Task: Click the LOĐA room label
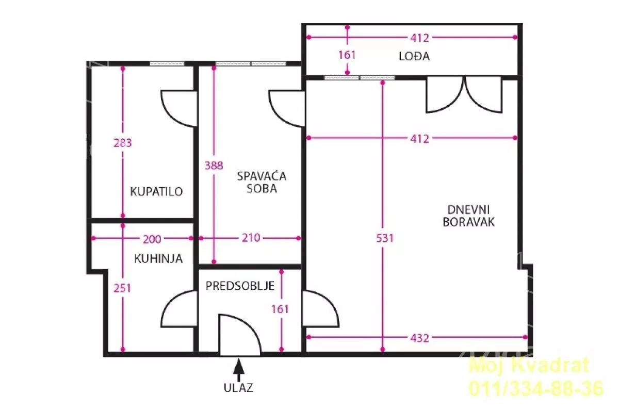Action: coord(414,56)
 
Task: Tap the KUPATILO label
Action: coord(156,191)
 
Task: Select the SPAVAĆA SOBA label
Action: coord(262,182)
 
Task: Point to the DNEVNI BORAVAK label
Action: coord(468,216)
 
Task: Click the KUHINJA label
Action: coord(158,259)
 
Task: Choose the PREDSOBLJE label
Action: coord(240,286)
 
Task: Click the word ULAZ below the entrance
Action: coord(238,388)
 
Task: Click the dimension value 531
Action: coord(385,238)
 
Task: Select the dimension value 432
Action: coord(419,338)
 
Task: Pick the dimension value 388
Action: coord(214,166)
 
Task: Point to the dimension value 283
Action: coord(123,143)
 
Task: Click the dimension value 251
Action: coord(122,288)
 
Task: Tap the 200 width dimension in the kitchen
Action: coord(152,239)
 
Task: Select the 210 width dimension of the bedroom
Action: coord(251,238)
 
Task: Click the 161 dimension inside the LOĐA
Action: coord(347,55)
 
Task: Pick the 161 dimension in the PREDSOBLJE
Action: coord(280,309)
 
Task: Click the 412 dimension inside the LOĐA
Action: coord(419,38)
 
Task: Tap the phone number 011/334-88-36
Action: coord(536,388)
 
